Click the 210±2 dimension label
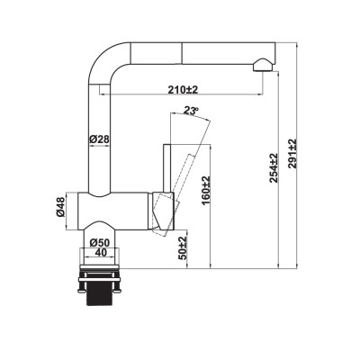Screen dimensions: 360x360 click(182, 89)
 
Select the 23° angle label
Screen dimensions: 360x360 click(190, 111)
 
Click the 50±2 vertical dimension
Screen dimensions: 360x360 click(183, 246)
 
